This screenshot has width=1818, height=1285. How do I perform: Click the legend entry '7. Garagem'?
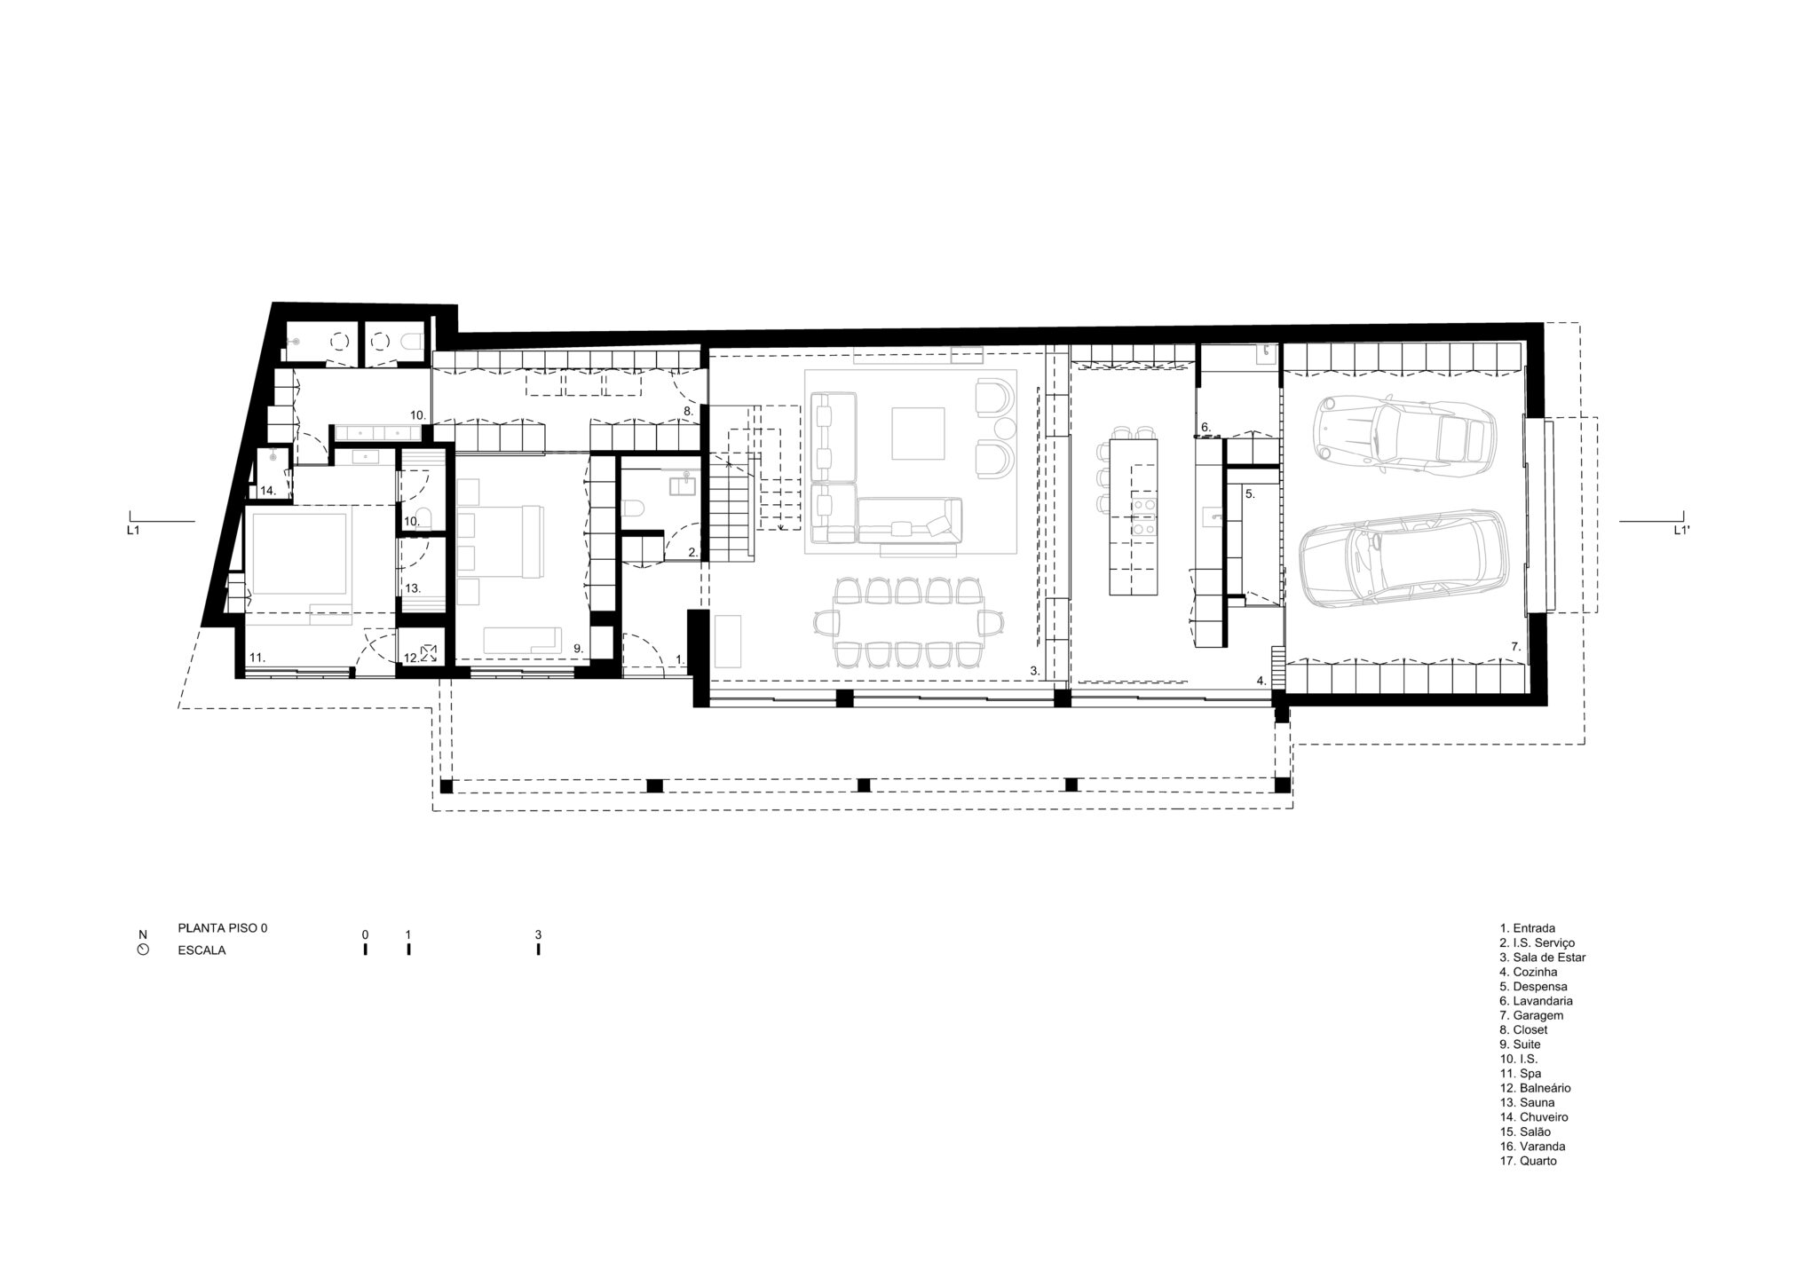(1531, 1015)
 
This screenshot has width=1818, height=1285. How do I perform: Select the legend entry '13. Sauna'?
(1527, 1102)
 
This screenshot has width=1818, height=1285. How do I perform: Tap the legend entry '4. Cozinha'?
(1529, 972)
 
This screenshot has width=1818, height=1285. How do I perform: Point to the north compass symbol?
(143, 950)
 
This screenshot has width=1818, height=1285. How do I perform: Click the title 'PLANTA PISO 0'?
(223, 928)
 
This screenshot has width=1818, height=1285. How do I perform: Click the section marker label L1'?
(1680, 531)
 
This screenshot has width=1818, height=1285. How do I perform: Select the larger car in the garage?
(1404, 558)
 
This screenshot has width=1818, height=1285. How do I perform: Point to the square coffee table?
(918, 433)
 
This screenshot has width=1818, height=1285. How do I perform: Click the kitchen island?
(1134, 514)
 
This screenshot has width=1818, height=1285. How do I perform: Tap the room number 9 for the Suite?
(577, 649)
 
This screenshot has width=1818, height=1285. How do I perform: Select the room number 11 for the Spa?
(257, 658)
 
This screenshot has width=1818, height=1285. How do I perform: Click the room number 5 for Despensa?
(1249, 493)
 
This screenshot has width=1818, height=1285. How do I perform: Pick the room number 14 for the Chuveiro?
(268, 491)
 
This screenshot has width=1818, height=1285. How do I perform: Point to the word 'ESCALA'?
(202, 950)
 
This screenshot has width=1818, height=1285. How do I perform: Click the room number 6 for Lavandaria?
(1205, 427)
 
